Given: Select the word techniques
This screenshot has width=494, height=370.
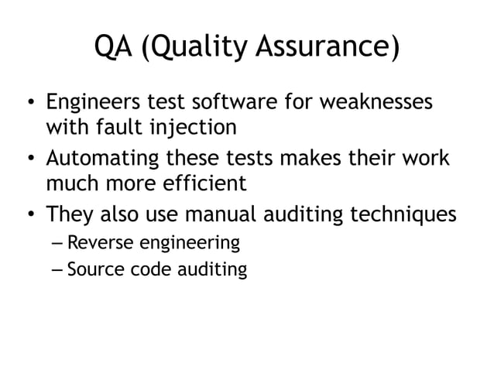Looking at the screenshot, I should pyautogui.click(x=408, y=216).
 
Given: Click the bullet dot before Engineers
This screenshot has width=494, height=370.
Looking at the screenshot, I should pyautogui.click(x=29, y=104).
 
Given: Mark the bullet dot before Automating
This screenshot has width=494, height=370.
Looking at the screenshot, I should pyautogui.click(x=29, y=159).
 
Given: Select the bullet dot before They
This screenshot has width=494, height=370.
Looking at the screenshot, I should pyautogui.click(x=29, y=215).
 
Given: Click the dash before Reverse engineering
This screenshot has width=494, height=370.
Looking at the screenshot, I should pyautogui.click(x=55, y=244).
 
